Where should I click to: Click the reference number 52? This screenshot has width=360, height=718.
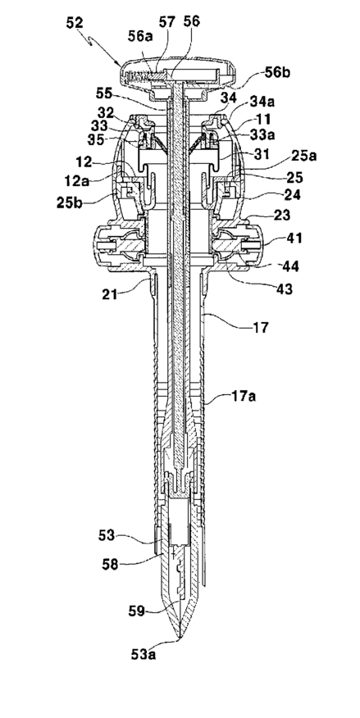75,22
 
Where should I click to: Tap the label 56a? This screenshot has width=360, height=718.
139,38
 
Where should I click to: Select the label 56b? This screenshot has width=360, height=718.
277,72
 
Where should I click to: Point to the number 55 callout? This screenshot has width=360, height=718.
105,93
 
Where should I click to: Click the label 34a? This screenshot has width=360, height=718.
262,101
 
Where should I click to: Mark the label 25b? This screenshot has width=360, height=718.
70,202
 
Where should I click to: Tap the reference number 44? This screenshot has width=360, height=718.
290,266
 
